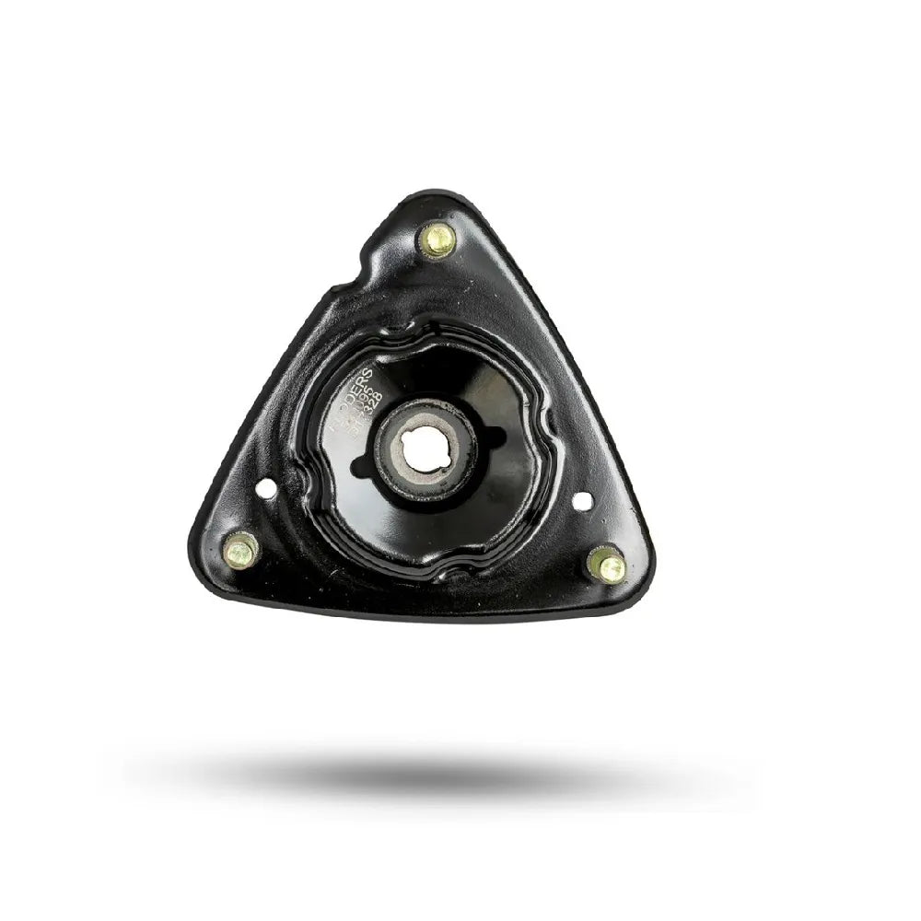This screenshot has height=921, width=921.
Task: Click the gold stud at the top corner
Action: click(437, 240)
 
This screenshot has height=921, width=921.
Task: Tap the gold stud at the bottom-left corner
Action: click(240, 551)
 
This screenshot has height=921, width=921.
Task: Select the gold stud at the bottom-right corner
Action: click(607, 565)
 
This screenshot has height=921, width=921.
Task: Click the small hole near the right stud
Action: click(582, 501)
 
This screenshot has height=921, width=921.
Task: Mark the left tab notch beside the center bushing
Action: click(372, 453)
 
